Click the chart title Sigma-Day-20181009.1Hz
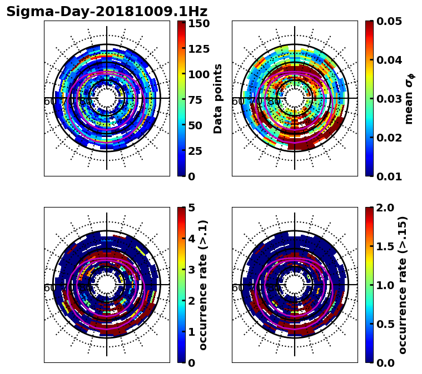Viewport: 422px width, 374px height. tap(107, 12)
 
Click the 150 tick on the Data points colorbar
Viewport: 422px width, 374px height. tap(198, 23)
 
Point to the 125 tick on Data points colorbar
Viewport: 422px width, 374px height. tap(198, 49)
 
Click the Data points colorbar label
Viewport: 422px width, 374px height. tap(218, 99)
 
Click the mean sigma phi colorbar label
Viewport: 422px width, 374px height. tap(409, 99)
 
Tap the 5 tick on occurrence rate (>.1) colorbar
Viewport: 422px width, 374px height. tap(191, 208)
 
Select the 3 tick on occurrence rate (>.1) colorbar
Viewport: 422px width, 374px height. tap(191, 270)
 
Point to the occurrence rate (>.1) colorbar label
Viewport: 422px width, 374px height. tap(203, 285)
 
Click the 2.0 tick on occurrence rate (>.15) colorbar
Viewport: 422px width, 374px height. tap(384, 208)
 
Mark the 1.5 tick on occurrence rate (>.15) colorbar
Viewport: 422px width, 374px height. tap(384, 246)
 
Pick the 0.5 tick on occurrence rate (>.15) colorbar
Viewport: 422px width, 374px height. tap(384, 324)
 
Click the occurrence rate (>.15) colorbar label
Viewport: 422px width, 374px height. tap(403, 285)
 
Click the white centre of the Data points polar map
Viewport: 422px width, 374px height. tap(107, 98)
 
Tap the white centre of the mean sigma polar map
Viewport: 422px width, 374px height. tap(295, 98)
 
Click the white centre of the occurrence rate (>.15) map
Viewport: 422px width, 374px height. tap(295, 285)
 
